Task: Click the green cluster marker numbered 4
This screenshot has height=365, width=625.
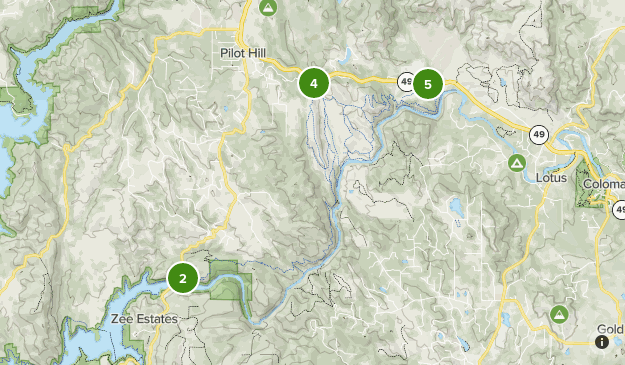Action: pos(314,84)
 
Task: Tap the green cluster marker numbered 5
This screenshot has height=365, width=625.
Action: pos(428,84)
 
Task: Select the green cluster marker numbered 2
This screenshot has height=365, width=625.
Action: pos(182,277)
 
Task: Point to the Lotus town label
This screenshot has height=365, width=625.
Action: pos(550,178)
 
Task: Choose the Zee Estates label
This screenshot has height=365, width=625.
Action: pos(144,319)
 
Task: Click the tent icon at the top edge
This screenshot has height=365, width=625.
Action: pos(267,7)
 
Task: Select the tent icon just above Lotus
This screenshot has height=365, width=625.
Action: pos(517,162)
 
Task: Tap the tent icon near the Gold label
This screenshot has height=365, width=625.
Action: pos(558,315)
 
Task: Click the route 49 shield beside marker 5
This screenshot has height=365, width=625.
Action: pos(405,81)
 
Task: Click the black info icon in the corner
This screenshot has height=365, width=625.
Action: pos(602,342)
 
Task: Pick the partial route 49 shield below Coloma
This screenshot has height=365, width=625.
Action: pos(619,210)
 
